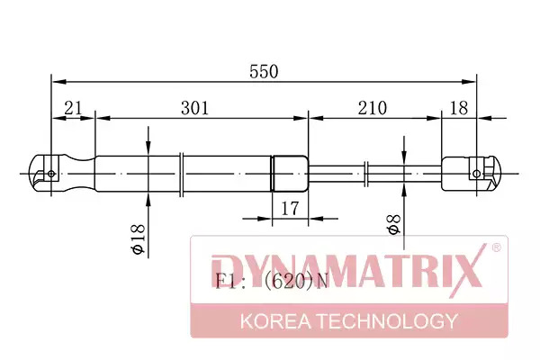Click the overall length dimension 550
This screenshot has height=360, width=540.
264,72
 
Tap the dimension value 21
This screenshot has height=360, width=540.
74,108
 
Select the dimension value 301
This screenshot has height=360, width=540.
195,108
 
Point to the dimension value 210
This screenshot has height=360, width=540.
373,108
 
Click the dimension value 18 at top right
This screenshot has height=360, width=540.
459,108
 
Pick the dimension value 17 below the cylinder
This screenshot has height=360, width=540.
290,208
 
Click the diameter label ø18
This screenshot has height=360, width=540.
139,238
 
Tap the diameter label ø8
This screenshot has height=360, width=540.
394,224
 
